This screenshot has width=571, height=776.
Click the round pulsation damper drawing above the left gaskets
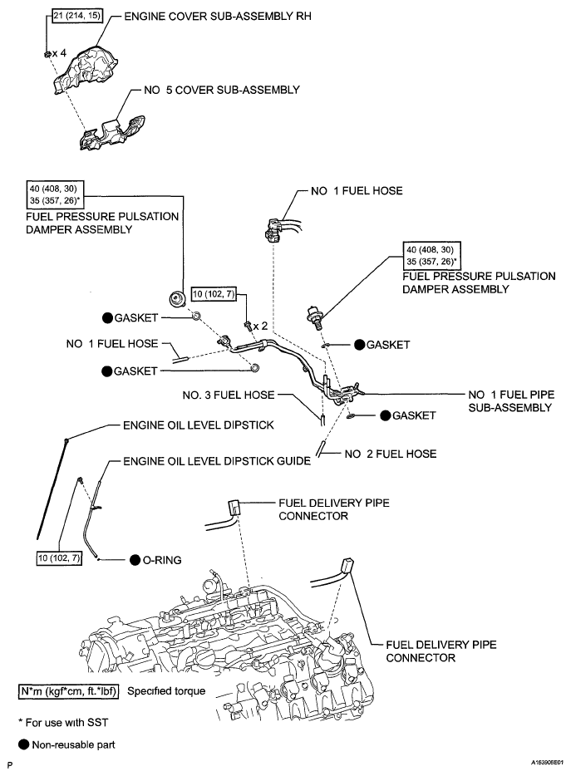click(x=177, y=297)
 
